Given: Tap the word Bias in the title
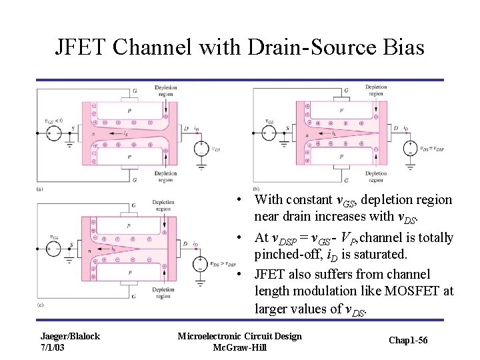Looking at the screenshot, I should [x=401, y=47].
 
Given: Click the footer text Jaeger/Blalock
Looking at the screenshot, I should [x=70, y=336].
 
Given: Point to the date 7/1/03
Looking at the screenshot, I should [x=53, y=347].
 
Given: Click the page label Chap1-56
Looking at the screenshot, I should [x=409, y=341].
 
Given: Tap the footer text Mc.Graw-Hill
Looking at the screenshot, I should [x=239, y=347].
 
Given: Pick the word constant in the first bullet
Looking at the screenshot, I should [x=307, y=200].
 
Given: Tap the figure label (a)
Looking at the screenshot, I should [x=40, y=189].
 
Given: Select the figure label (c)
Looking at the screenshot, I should [x=40, y=304].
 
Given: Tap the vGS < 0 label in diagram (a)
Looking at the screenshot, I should [x=54, y=121].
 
